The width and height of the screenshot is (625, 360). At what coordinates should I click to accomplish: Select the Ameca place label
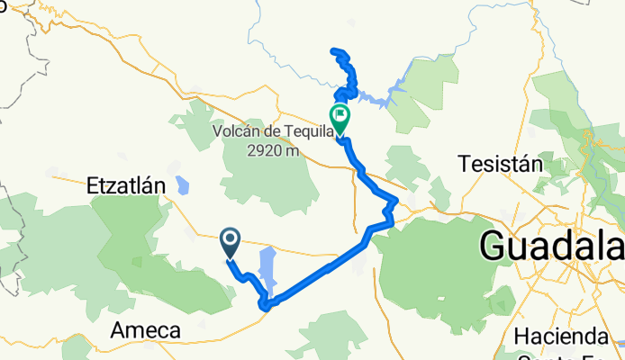click(x=144, y=331)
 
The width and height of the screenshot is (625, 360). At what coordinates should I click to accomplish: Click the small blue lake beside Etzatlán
click(x=183, y=185)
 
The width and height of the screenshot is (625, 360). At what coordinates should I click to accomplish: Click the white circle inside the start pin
click(x=230, y=238)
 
